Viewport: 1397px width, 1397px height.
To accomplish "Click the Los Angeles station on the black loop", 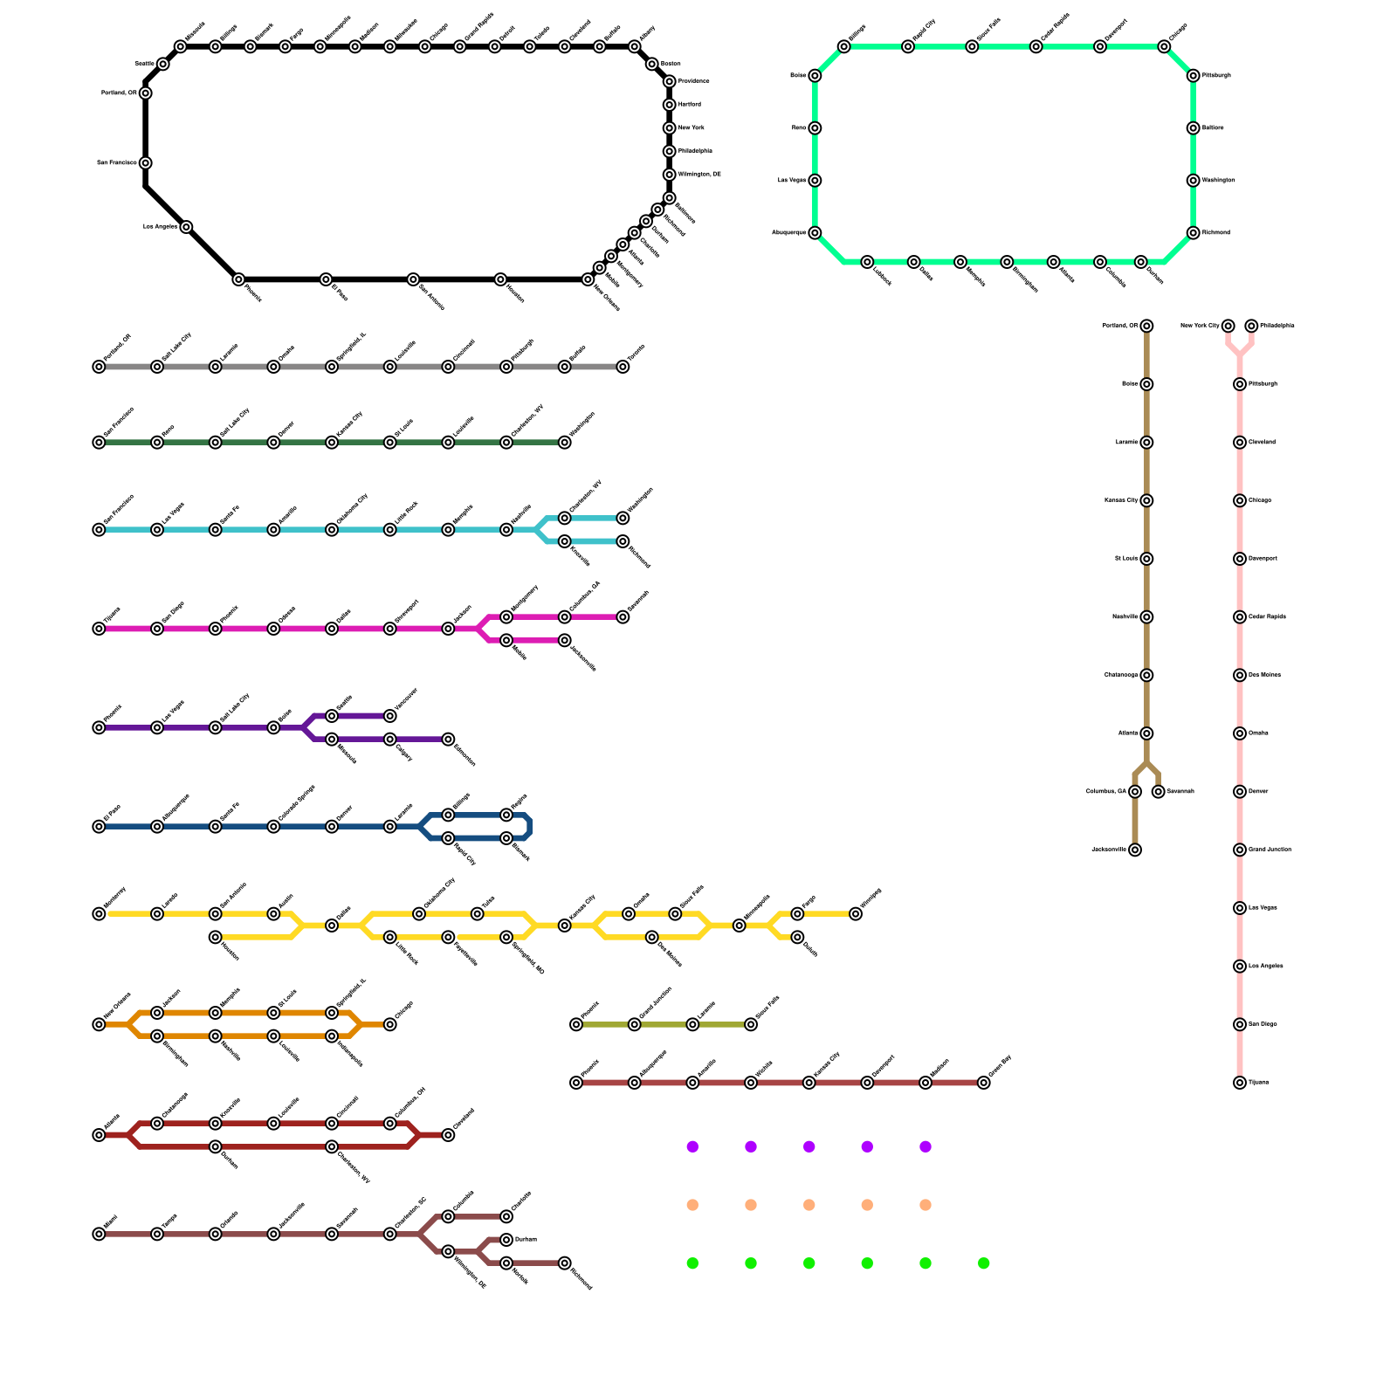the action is coord(186,227).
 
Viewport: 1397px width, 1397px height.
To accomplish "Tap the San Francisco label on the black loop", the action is coord(116,163).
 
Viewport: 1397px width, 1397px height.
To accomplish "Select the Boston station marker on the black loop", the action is coord(651,65).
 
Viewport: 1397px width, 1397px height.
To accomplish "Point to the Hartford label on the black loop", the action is coord(690,105).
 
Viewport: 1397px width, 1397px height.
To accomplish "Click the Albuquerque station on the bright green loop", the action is coord(815,233).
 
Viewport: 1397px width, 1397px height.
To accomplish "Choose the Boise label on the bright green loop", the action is coord(798,76).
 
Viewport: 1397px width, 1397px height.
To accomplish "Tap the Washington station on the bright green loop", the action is coord(1193,181).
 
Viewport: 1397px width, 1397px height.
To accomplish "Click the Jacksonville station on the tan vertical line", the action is coord(1135,850).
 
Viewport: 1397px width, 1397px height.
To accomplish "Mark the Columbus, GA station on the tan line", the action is coord(1135,792).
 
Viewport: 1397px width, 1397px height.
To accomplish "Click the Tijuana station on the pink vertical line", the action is coord(1240,1083).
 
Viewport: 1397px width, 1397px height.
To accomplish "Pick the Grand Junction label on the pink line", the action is coord(1270,850).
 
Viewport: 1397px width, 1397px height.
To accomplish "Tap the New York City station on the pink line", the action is coord(1228,327).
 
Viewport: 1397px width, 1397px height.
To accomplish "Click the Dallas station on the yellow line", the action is coord(332,926).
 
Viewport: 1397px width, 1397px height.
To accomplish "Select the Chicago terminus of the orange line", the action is coord(390,1024).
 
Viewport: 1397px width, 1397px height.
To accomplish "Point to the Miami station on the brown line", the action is coord(99,1234).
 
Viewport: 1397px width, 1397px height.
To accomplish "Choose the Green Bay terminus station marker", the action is coord(984,1083).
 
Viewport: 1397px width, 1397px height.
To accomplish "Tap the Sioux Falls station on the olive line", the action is coord(751,1024).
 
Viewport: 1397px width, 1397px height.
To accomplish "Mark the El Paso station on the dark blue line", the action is coord(99,827).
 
